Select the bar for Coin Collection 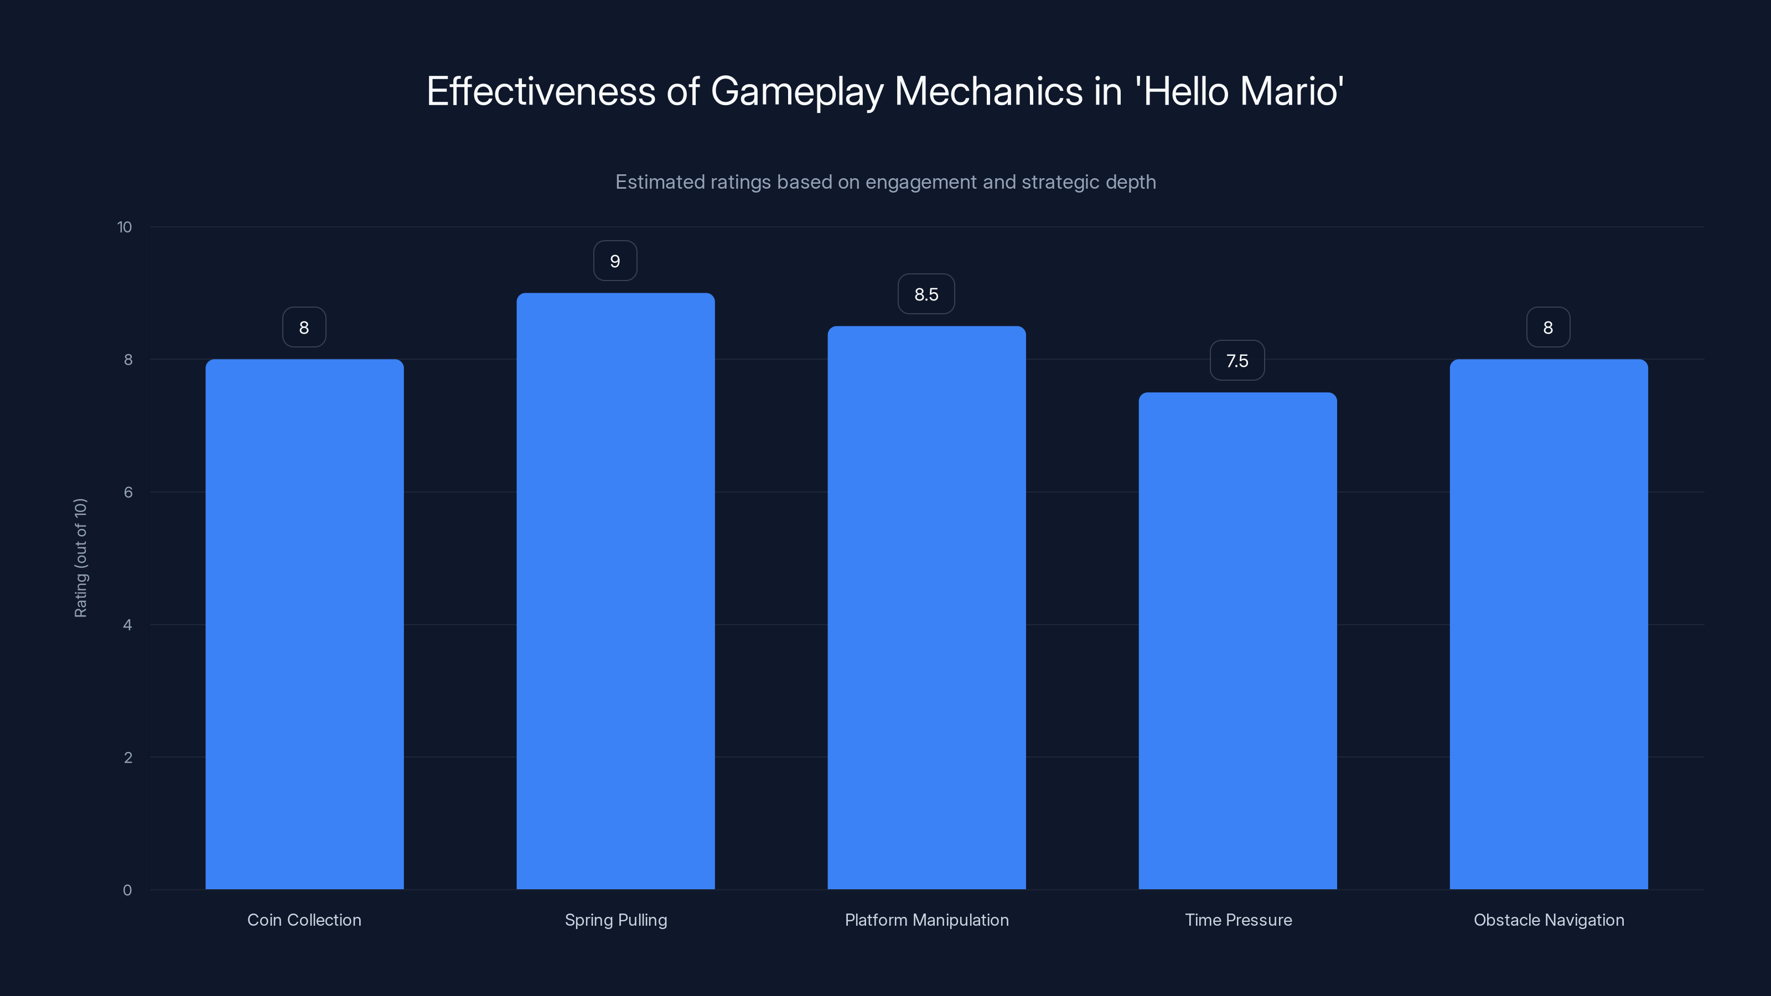[304, 624]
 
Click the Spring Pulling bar [615, 591]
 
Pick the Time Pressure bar [1237, 641]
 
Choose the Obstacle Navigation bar [1549, 624]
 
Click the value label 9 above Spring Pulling [615, 261]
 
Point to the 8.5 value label [926, 294]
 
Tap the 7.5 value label [1237, 361]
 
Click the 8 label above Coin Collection [304, 328]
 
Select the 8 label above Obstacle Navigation [1547, 328]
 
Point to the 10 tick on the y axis [125, 227]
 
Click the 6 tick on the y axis [128, 492]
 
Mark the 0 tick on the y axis [127, 890]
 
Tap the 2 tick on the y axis [128, 758]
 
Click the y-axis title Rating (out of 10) [80, 558]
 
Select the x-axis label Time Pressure [1238, 920]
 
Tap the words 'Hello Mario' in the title [1240, 91]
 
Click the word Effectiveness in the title [541, 91]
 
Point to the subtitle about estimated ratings [885, 182]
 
